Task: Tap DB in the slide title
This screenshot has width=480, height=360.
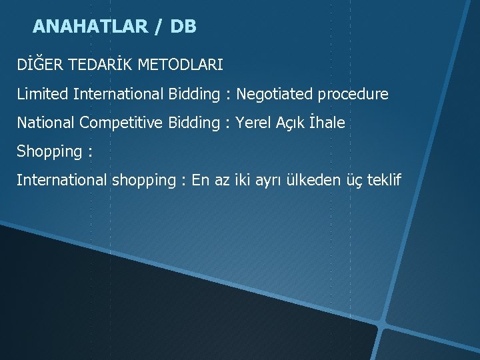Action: tap(183, 27)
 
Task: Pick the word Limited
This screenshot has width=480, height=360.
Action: tap(43, 94)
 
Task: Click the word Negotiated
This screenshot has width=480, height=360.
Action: tap(275, 94)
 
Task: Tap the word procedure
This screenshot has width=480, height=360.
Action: tap(353, 95)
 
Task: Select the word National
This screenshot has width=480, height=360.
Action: tap(45, 123)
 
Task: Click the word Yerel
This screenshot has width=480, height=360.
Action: tap(253, 123)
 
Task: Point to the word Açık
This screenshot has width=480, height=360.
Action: tap(293, 123)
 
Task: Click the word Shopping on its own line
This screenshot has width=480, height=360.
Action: tap(49, 152)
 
